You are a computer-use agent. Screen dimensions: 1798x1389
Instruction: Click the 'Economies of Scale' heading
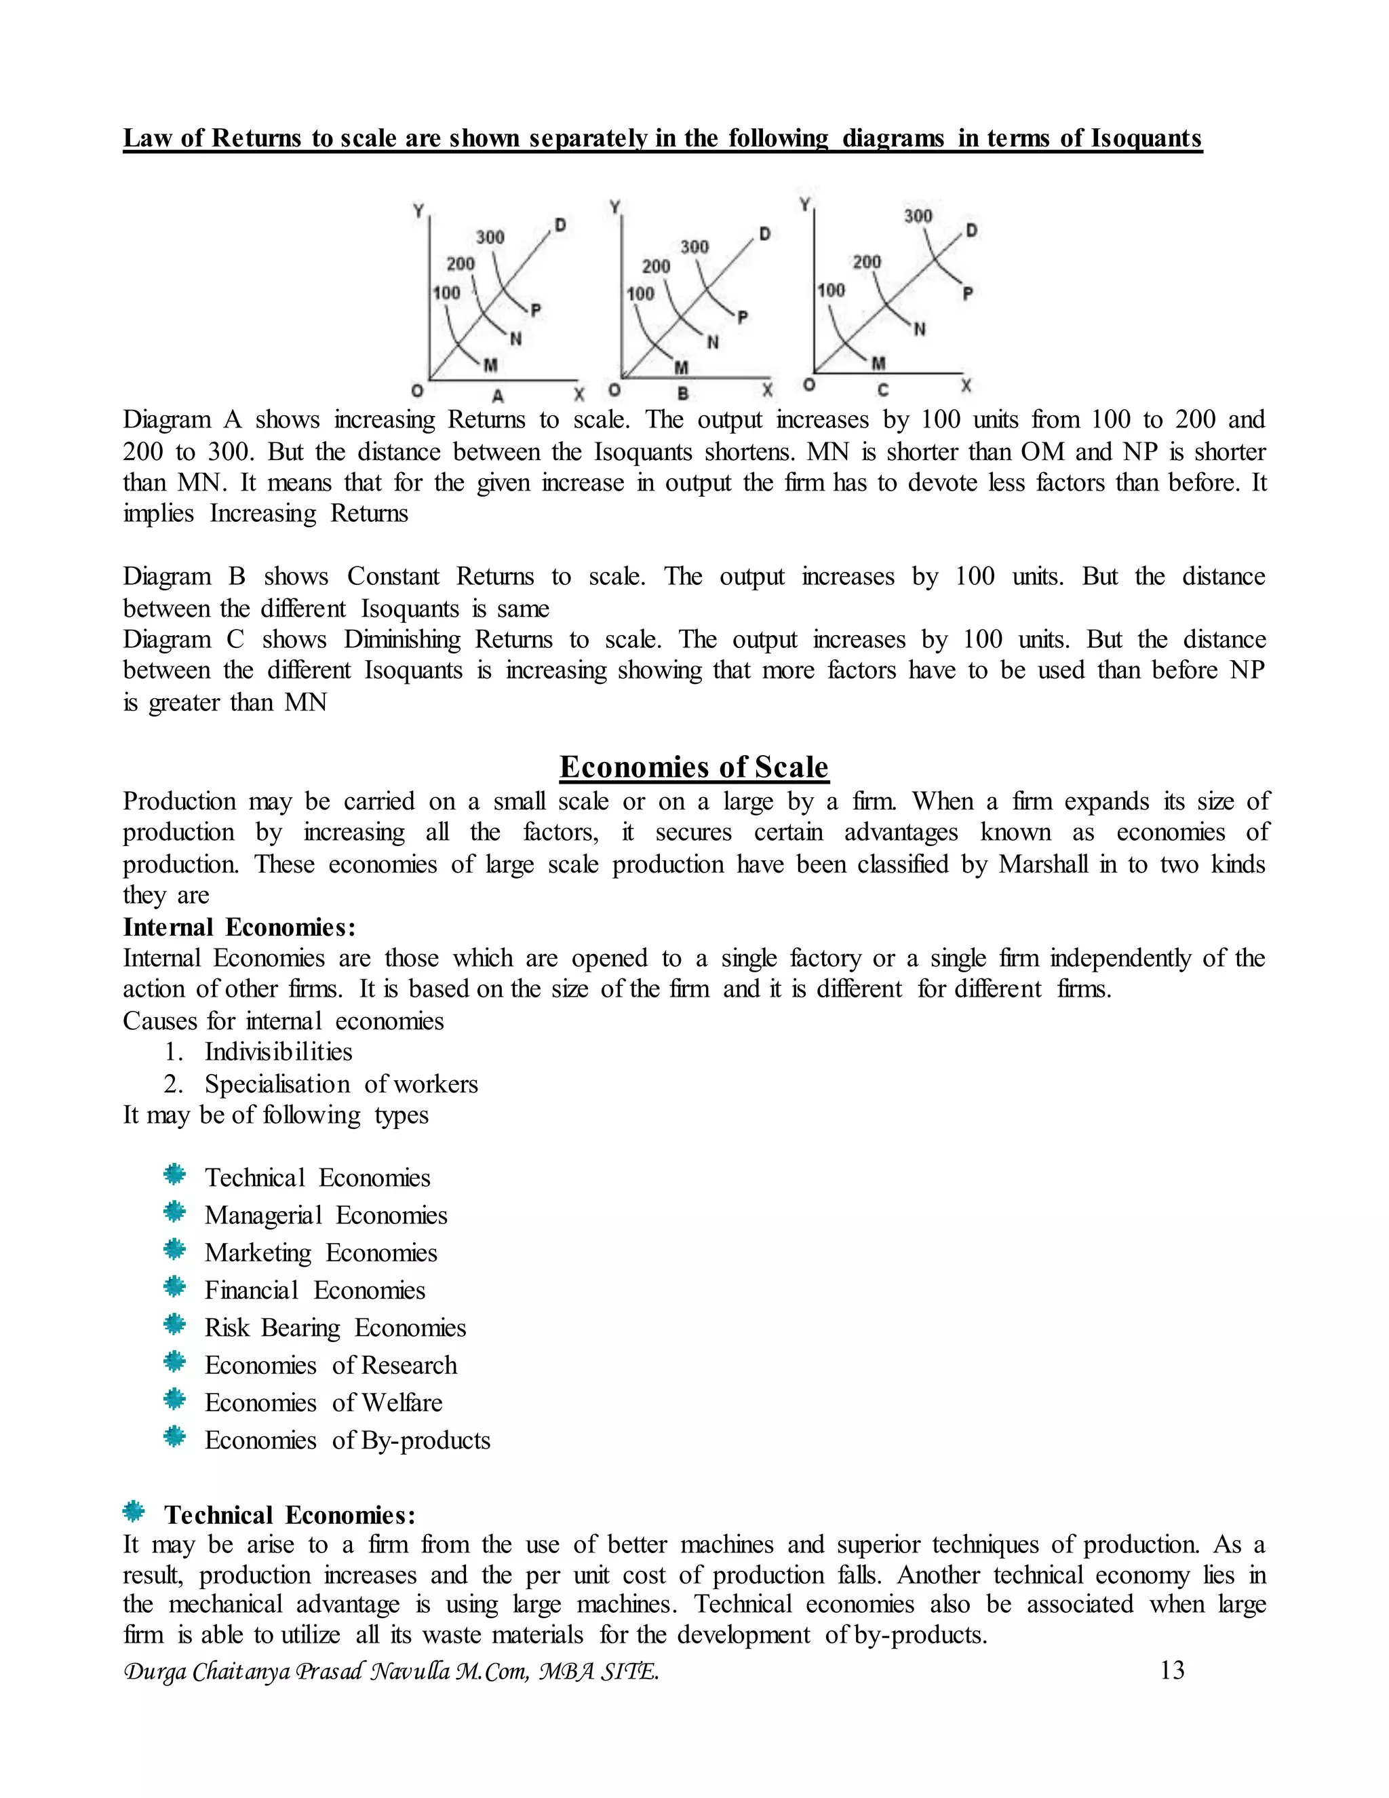694,767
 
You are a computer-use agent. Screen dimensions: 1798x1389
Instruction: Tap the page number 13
1172,1670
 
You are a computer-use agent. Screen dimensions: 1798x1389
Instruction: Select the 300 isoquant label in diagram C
918,216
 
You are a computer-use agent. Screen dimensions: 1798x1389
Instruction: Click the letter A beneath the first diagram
498,396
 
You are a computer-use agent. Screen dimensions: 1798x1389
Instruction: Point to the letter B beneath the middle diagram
682,394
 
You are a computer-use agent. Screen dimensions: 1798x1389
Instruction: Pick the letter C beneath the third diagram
883,390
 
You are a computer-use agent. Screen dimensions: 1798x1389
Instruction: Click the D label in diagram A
560,225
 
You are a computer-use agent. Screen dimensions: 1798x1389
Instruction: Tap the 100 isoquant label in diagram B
640,293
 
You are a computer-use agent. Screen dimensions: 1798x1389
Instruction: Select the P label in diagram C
968,292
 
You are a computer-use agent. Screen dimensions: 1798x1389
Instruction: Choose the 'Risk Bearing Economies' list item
335,1328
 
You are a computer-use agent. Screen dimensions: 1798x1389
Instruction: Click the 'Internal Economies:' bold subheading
239,927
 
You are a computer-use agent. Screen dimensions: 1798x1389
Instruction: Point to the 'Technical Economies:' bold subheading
290,1515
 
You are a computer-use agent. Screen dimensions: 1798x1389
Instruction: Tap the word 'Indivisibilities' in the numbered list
278,1052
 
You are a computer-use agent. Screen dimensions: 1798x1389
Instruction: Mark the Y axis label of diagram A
418,211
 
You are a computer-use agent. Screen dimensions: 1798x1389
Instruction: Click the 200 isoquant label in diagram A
461,263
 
